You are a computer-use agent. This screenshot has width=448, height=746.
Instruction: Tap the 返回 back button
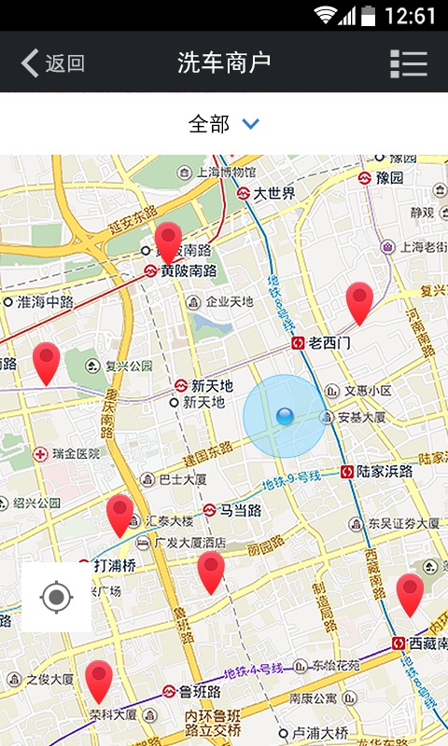pyautogui.click(x=53, y=63)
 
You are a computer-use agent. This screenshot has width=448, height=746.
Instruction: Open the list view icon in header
pyautogui.click(x=409, y=63)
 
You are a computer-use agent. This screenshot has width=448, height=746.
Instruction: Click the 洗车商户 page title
pyautogui.click(x=224, y=63)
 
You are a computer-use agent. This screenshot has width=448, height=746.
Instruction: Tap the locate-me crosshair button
pyautogui.click(x=57, y=597)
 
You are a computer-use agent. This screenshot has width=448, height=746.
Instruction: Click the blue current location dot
pyautogui.click(x=285, y=417)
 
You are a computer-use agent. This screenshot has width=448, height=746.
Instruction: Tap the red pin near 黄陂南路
pyautogui.click(x=169, y=242)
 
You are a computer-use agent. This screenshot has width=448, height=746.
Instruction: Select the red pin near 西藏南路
pyautogui.click(x=410, y=593)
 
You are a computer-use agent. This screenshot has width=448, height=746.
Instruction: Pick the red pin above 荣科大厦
pyautogui.click(x=99, y=679)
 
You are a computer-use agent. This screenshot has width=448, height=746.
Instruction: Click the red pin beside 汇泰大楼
pyautogui.click(x=119, y=514)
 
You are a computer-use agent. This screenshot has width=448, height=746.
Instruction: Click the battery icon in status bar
pyautogui.click(x=369, y=15)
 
